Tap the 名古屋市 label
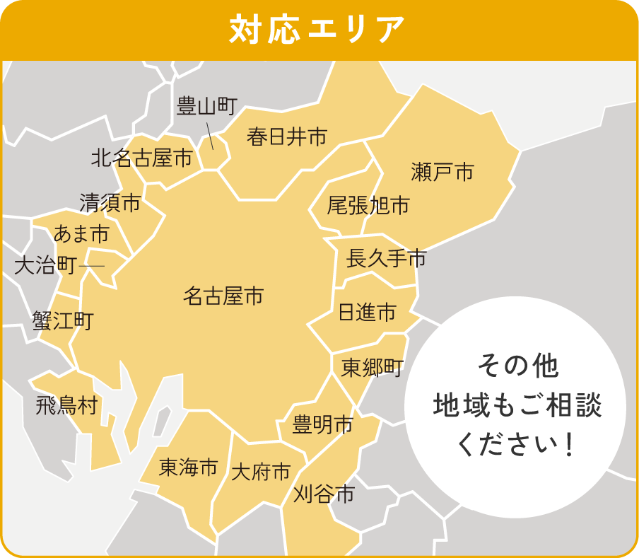click(x=223, y=296)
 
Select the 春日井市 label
click(x=287, y=136)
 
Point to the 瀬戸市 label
click(x=442, y=171)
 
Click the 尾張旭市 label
click(x=368, y=206)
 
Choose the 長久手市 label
click(x=386, y=259)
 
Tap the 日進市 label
click(x=367, y=312)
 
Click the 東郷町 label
click(x=372, y=368)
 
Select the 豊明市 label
click(x=323, y=426)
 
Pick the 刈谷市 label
click(x=323, y=494)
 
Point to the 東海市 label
click(x=188, y=467)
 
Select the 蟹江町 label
click(x=62, y=321)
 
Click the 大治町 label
click(x=45, y=266)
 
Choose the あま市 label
click(x=81, y=233)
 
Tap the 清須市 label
click(x=110, y=203)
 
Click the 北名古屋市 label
click(x=141, y=158)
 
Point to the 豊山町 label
click(x=205, y=106)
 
